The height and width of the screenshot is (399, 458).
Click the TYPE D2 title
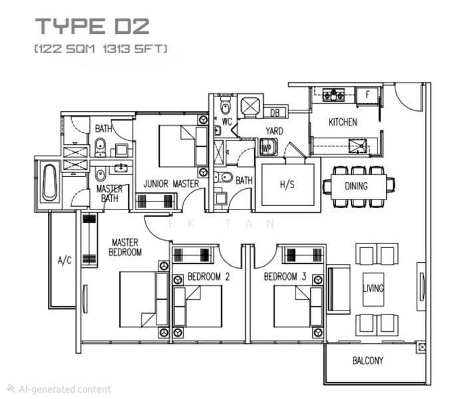93,26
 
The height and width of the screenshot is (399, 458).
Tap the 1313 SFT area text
134,49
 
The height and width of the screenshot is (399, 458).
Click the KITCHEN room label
343,122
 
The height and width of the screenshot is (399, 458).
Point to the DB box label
274,113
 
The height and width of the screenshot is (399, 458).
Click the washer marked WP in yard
268,147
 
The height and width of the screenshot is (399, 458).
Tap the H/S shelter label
288,184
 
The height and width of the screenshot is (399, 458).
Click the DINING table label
356,186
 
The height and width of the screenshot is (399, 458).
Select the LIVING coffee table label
373,289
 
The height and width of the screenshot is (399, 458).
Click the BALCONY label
367,361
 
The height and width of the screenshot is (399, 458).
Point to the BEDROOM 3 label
285,277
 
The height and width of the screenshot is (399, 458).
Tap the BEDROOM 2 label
208,277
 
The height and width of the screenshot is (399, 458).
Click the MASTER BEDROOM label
125,247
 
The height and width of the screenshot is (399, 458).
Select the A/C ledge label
65,260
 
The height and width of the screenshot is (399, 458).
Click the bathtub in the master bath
50,183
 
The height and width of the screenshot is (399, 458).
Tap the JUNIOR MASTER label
171,184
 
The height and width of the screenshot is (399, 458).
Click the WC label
227,122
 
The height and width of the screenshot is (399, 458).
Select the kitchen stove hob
334,95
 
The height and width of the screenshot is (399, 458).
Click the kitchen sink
358,146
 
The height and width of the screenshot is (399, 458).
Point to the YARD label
274,131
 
